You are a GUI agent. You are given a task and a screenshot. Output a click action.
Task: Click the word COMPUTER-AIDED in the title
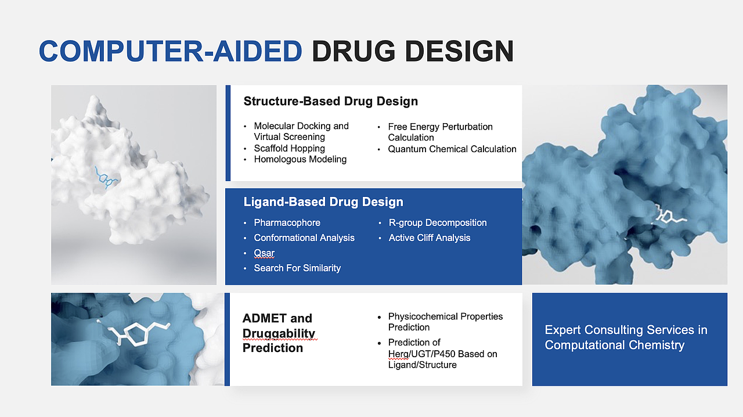click(x=171, y=51)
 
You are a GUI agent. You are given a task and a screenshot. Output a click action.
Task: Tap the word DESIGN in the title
click(x=459, y=51)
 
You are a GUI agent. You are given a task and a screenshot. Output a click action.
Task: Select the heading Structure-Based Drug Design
click(x=331, y=101)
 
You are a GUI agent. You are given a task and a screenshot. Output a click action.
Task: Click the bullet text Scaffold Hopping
click(x=289, y=148)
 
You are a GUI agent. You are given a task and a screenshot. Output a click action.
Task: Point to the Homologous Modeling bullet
click(x=300, y=159)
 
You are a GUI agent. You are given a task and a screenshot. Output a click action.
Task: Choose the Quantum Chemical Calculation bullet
click(x=452, y=149)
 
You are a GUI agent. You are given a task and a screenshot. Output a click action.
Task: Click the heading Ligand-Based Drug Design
click(x=323, y=202)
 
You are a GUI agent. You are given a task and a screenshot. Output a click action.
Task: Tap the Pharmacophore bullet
click(x=287, y=222)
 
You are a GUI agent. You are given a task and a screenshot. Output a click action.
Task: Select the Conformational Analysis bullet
click(x=304, y=238)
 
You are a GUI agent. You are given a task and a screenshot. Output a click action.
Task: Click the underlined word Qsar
click(x=264, y=253)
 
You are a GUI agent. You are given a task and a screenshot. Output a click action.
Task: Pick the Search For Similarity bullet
click(x=297, y=268)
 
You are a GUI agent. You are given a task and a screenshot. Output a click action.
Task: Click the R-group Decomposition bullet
click(x=438, y=222)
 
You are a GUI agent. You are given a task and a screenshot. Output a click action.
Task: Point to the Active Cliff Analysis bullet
click(x=429, y=238)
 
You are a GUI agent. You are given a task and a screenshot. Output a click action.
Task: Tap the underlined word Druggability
click(x=279, y=333)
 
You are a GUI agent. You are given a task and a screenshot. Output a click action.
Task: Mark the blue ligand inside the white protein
click(x=106, y=178)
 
